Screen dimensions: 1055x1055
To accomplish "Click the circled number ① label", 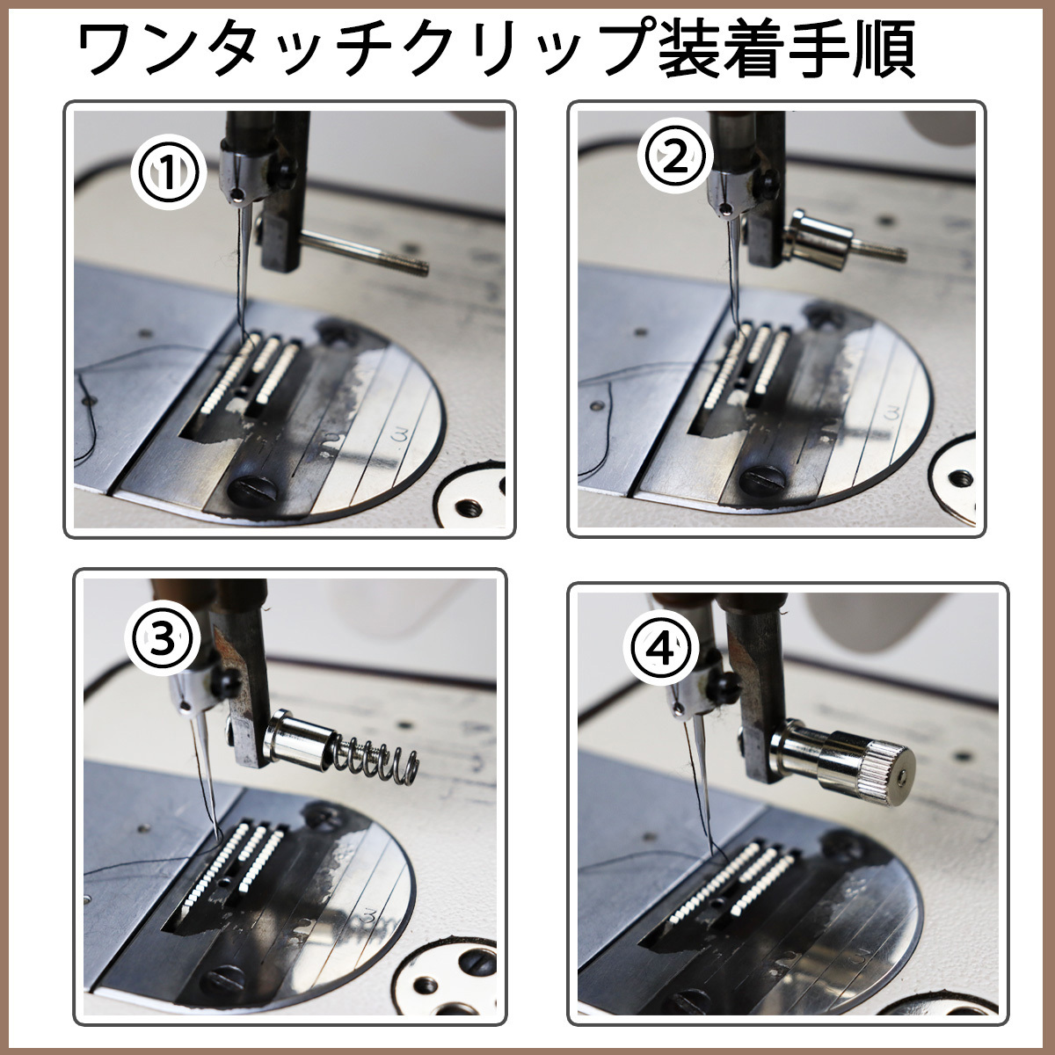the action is (x=168, y=173).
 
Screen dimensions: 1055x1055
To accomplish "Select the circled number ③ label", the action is (x=162, y=641).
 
